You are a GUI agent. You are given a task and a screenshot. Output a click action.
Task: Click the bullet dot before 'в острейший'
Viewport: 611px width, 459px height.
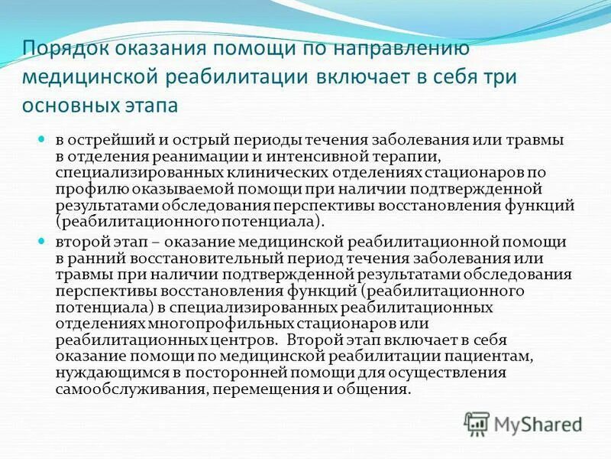pos(43,139)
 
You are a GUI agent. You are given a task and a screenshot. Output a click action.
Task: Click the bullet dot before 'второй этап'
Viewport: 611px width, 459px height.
pos(43,241)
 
